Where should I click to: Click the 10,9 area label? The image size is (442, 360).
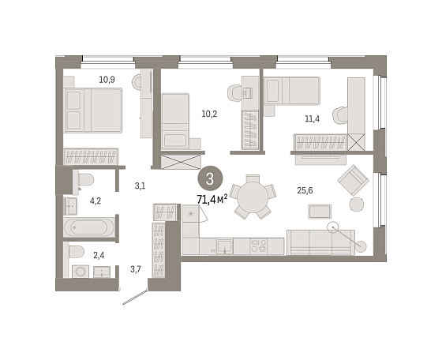point(107,80)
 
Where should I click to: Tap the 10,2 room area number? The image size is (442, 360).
point(209,114)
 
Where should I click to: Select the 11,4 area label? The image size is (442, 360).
point(313,118)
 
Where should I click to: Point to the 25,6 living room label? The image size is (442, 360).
point(305,190)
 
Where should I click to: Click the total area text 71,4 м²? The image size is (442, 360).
point(212,200)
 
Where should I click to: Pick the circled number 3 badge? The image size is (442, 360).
point(210,178)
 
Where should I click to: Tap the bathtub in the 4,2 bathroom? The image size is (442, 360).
point(89,227)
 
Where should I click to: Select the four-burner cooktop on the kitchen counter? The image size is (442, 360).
point(259,246)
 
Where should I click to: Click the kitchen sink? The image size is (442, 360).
point(225,246)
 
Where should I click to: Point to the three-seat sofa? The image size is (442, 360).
point(320,242)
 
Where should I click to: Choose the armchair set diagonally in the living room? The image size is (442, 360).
point(354,180)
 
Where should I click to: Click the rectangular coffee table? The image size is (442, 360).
point(320,212)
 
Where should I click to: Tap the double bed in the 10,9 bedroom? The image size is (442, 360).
point(93,111)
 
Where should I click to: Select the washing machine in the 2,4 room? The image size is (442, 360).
point(81,272)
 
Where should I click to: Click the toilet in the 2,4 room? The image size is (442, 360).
point(76,252)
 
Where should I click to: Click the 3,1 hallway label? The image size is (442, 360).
point(140,186)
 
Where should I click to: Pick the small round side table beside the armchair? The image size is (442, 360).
point(357,204)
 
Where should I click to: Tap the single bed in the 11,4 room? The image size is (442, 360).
point(292,91)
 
